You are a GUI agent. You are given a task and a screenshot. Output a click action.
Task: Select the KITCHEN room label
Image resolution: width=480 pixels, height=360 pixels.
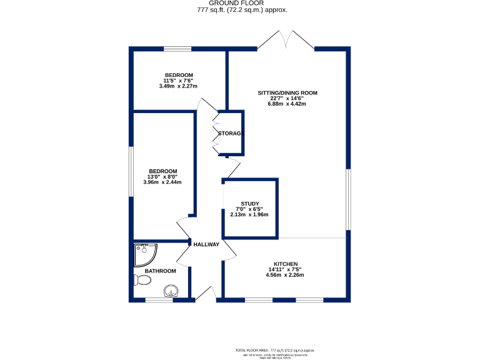pos(284,264)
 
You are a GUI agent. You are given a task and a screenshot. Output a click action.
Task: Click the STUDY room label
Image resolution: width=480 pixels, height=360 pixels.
pos(250,204)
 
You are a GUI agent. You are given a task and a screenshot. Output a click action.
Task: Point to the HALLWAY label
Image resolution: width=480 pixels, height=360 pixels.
pos(206,244)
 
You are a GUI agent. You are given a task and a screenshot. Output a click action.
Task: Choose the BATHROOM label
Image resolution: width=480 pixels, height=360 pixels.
pos(160,271)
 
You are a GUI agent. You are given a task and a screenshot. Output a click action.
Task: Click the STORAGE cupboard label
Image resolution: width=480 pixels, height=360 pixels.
pos(229,134)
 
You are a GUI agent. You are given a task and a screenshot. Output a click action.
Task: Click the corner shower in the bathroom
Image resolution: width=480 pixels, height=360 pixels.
pos(144,254)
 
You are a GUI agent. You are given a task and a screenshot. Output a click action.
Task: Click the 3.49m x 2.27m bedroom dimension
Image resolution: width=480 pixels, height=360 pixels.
pos(178,86)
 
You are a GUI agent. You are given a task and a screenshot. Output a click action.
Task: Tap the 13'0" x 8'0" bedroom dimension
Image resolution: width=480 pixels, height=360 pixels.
pos(162,177)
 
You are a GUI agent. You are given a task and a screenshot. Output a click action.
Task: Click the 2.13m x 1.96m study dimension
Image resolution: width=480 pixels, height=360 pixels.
pos(249,215)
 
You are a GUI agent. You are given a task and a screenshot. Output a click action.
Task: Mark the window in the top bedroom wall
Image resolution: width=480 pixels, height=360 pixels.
pos(177,49)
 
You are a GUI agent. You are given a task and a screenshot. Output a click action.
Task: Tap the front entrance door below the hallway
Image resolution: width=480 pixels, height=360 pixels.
pos(204,296)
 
